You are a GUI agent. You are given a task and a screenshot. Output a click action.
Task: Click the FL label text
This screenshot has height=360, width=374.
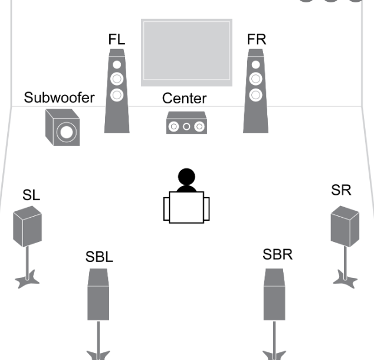tap(117, 40)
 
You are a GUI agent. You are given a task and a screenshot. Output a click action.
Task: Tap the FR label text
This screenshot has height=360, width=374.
tap(257, 40)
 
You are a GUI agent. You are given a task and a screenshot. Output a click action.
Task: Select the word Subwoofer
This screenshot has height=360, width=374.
tap(60, 97)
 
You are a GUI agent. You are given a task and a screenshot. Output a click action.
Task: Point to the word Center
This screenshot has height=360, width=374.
tap(185, 99)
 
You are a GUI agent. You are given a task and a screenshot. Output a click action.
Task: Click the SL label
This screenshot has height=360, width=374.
tap(31, 195)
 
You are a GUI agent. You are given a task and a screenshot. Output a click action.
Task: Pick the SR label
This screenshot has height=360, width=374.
tap(341, 190)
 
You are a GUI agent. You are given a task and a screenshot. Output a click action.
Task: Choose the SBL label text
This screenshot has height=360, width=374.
tap(99, 257)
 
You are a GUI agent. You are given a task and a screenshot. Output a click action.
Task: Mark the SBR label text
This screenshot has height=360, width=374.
tap(277, 254)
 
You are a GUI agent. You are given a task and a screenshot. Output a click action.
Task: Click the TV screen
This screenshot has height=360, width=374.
tap(186, 53)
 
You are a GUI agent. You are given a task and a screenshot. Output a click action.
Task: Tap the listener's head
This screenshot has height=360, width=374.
tap(186, 176)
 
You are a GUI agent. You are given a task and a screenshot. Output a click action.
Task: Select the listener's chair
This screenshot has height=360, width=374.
tap(186, 207)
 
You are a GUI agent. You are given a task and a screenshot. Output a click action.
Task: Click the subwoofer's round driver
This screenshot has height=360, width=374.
tap(67, 132)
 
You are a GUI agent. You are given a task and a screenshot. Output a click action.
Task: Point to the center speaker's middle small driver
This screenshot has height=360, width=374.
tap(186, 126)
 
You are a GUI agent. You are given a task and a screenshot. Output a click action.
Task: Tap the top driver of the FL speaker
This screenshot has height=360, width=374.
tap(117, 65)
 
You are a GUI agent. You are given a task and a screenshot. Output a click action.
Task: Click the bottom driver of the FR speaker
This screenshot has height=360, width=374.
tap(255, 95)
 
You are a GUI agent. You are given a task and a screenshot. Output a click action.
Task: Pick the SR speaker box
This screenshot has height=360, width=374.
tap(345, 226)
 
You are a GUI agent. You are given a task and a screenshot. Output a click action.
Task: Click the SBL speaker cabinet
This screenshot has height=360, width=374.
tap(99, 294)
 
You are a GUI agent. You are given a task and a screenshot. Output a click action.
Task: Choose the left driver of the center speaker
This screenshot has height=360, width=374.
tap(173, 126)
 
